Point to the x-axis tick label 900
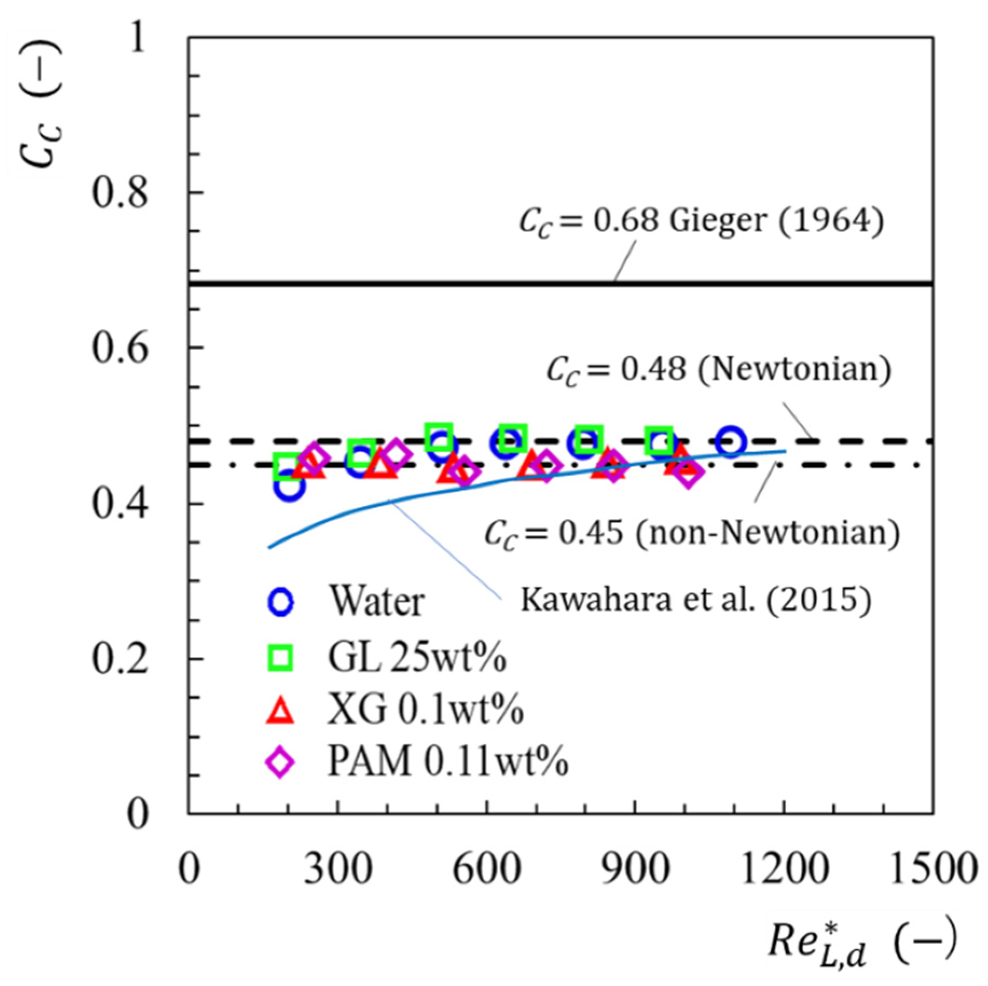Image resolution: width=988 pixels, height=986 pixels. [635, 869]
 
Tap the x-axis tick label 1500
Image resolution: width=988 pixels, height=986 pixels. [933, 869]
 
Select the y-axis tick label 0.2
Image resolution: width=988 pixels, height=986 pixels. [119, 659]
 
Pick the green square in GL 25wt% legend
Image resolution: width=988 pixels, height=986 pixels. [280, 658]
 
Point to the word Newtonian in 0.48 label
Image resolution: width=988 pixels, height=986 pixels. [794, 370]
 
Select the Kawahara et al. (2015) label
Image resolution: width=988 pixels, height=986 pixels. [695, 599]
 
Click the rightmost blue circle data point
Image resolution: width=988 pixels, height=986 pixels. [730, 442]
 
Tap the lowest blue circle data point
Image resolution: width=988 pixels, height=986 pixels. [289, 485]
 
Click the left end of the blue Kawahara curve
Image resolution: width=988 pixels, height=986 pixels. [270, 547]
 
